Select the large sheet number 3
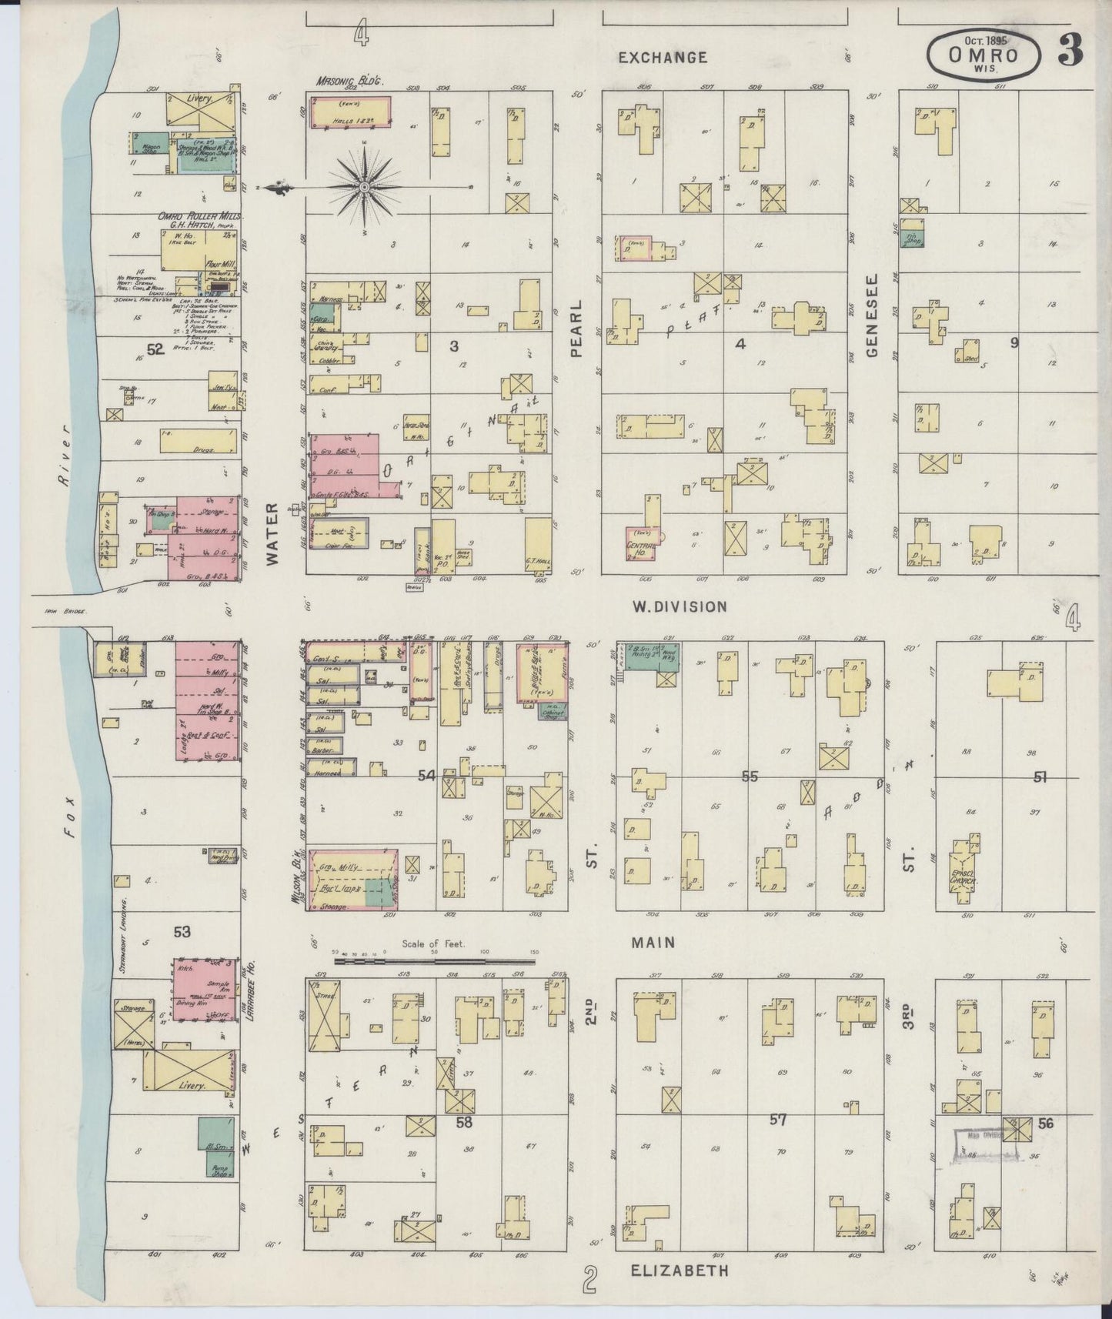coord(1070,51)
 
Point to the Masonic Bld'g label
coord(349,80)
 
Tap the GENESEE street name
coord(872,315)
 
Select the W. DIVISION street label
coord(679,606)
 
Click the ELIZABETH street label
coord(679,1271)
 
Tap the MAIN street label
coord(653,943)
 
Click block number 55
coord(749,776)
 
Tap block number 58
coord(463,1122)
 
